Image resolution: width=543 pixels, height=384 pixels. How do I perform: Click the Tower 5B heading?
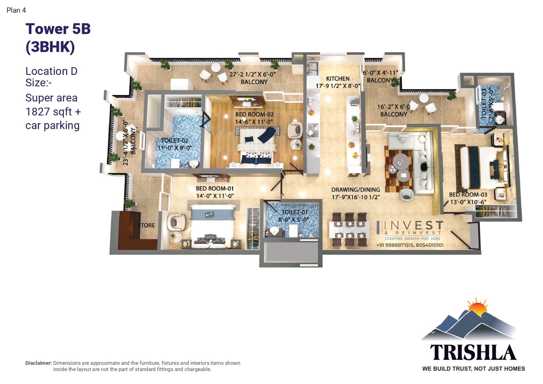[x=58, y=29]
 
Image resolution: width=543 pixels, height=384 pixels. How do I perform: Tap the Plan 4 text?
[x=16, y=10]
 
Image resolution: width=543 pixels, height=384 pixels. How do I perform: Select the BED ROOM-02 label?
[x=254, y=114]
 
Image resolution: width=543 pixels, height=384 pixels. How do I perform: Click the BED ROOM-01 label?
[x=214, y=189]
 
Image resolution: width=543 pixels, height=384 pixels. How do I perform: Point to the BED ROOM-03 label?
[x=468, y=194]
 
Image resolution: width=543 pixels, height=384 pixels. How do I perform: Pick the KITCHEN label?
[x=338, y=79]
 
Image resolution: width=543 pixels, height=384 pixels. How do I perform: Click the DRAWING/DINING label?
[x=356, y=190]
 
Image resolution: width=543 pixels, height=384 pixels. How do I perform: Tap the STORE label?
[x=146, y=225]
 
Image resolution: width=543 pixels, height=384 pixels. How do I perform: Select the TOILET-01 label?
[x=295, y=212]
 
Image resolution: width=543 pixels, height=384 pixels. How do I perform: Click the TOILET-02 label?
[x=174, y=140]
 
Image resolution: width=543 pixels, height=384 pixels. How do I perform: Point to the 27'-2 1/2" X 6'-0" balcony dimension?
[x=252, y=74]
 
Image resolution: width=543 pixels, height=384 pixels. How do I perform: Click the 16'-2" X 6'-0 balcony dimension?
[x=393, y=107]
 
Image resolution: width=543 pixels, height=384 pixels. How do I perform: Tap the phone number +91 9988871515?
[x=395, y=245]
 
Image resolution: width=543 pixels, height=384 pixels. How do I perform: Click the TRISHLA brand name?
[x=473, y=352]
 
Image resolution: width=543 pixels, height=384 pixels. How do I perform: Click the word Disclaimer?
[x=38, y=363]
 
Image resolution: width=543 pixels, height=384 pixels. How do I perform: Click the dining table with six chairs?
[x=349, y=229]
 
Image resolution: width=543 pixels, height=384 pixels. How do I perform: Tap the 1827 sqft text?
[x=49, y=112]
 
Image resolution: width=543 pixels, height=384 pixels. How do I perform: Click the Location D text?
[x=51, y=71]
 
